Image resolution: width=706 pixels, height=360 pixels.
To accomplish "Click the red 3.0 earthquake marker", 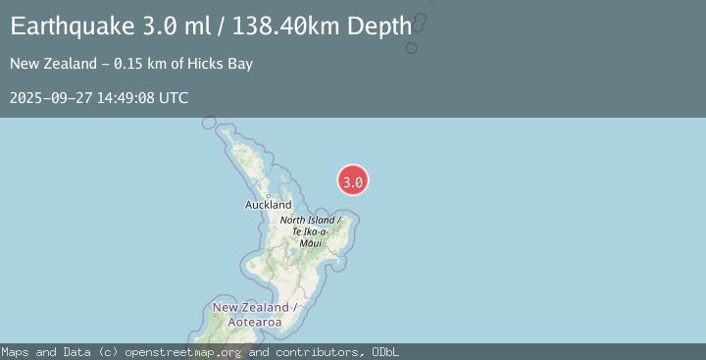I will [x=353, y=180].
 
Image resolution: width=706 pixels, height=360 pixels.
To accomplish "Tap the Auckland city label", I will [x=268, y=205].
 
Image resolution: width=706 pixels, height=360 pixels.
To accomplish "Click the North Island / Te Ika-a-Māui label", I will [x=310, y=231].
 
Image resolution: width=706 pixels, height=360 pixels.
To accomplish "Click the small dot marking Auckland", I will [x=267, y=195].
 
